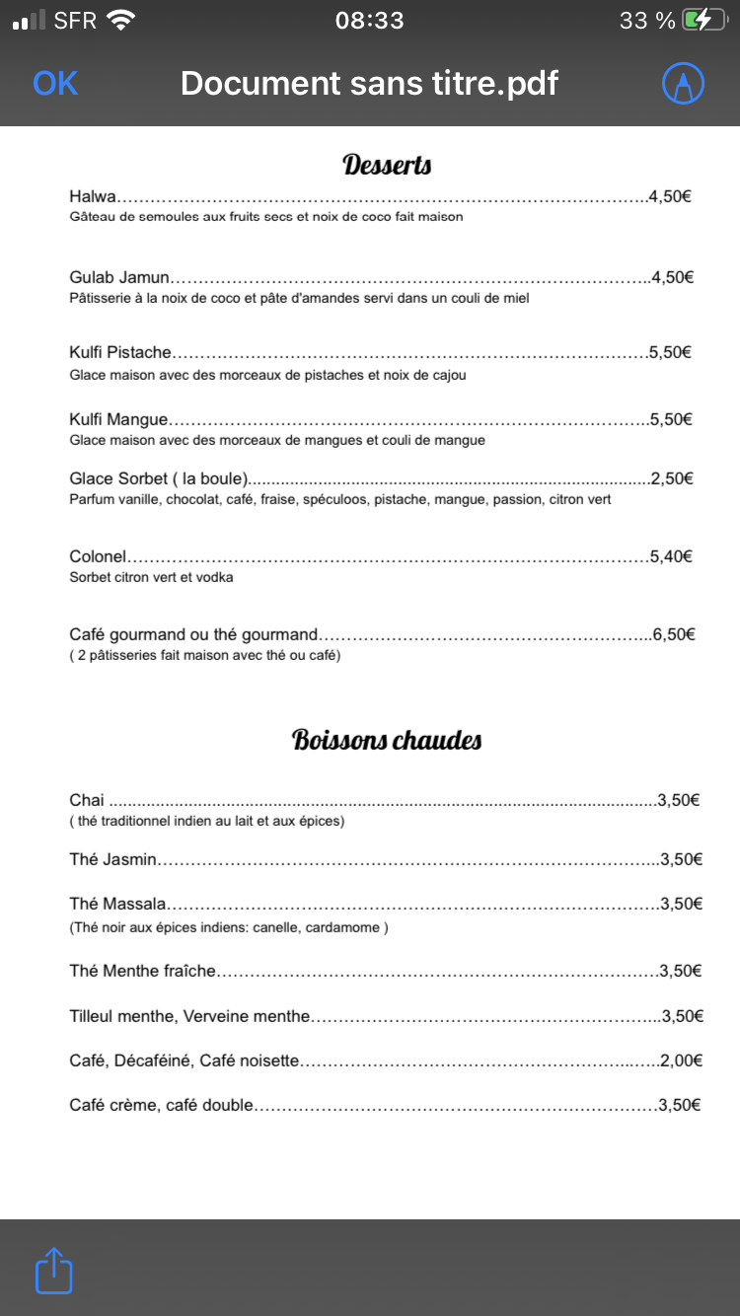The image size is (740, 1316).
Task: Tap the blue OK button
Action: tap(55, 84)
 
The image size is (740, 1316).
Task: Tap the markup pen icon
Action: tap(683, 84)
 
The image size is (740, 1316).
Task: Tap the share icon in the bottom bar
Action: tap(54, 1271)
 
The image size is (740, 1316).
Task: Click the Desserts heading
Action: tap(387, 165)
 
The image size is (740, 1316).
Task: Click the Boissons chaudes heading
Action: tap(387, 740)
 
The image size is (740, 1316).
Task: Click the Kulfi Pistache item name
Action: tap(120, 352)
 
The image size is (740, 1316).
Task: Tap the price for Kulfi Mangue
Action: tap(671, 419)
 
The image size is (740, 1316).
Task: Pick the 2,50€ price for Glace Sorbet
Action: tap(672, 478)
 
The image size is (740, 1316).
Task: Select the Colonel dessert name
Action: tap(99, 556)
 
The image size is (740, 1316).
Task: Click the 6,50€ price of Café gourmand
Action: tap(674, 634)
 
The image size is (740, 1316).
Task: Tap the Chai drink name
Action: tap(87, 800)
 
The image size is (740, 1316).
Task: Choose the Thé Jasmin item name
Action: tap(113, 859)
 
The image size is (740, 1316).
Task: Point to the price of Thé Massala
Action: tap(681, 904)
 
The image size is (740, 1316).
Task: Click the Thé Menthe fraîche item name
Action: tap(142, 971)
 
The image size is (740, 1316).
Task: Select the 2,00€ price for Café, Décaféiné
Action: tap(681, 1060)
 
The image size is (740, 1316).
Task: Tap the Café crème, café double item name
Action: tap(162, 1105)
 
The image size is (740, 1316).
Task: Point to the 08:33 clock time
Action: tap(370, 20)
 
